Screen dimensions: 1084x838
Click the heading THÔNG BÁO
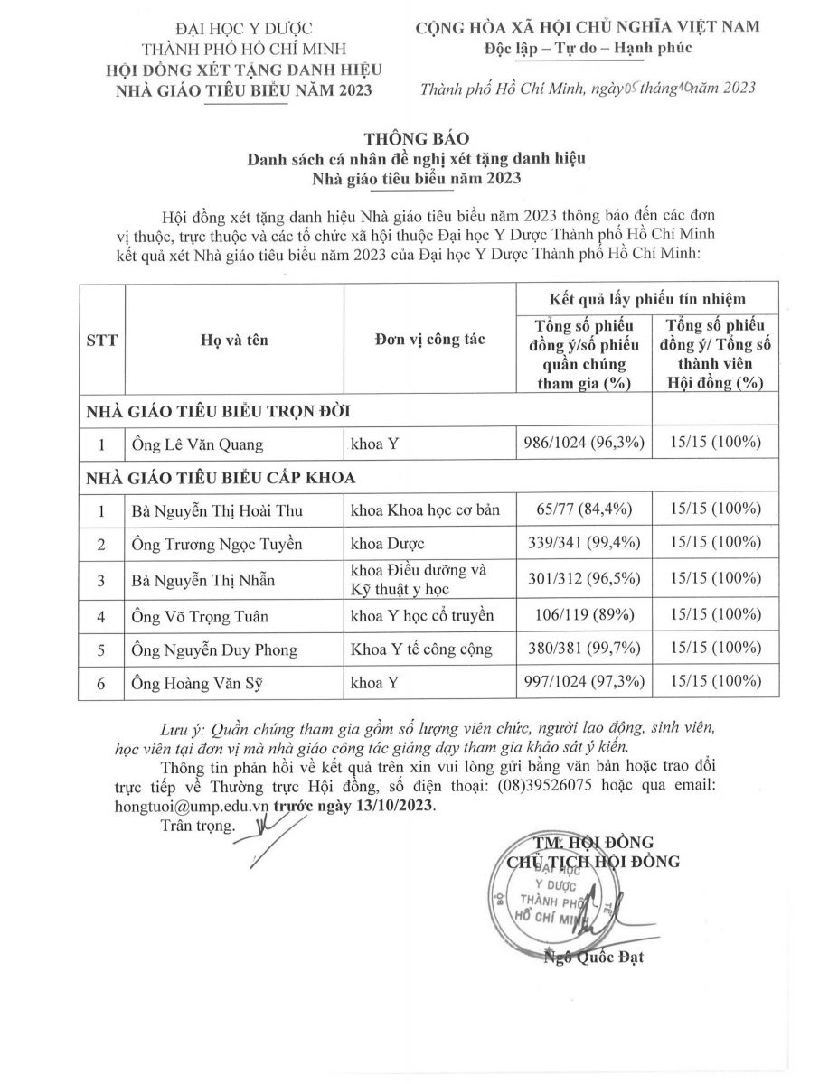418,138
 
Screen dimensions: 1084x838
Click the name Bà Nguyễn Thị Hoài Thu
215,510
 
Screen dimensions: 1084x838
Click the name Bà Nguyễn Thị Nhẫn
202,579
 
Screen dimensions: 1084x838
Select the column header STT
101,341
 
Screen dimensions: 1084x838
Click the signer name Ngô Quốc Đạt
594,957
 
